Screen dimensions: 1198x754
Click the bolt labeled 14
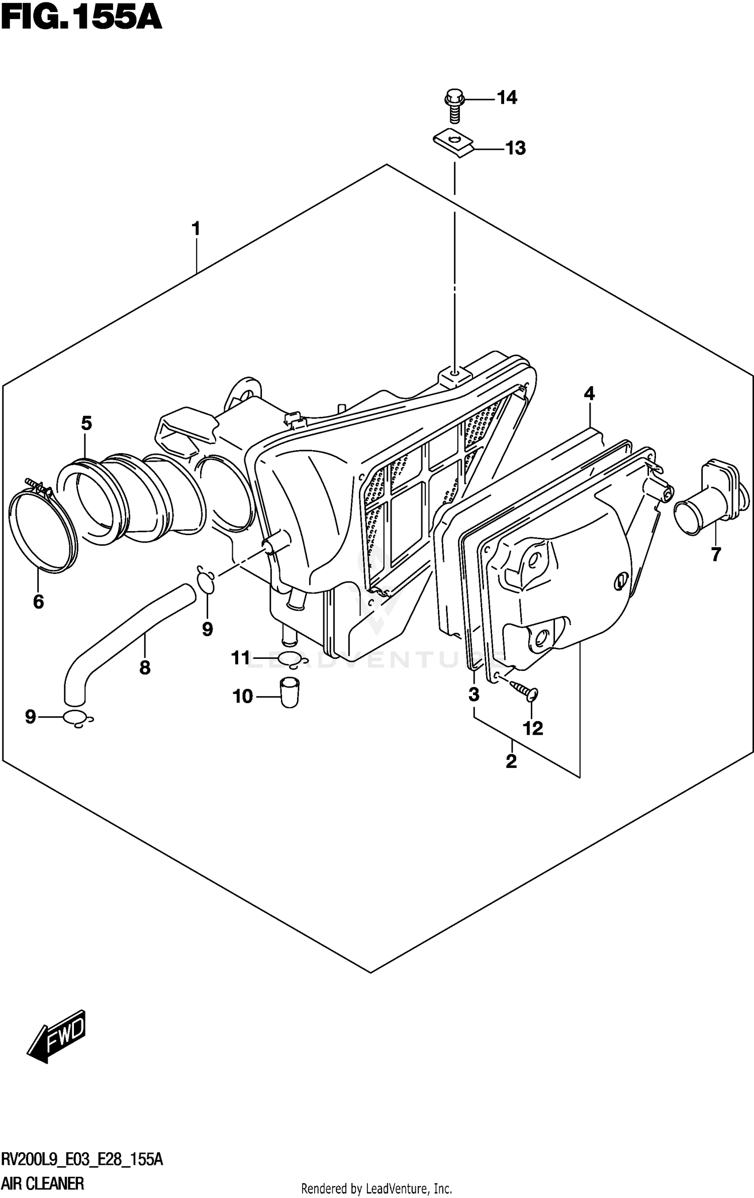pyautogui.click(x=454, y=105)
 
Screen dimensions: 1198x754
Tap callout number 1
pyautogui.click(x=196, y=229)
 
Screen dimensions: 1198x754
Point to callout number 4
pyautogui.click(x=589, y=393)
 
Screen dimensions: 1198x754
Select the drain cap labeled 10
pyautogui.click(x=289, y=693)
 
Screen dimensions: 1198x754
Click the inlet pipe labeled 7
pyautogui.click(x=706, y=503)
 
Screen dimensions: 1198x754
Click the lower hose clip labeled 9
pyautogui.click(x=78, y=719)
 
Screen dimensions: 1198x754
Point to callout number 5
pyautogui.click(x=86, y=423)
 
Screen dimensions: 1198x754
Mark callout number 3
pyautogui.click(x=474, y=695)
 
